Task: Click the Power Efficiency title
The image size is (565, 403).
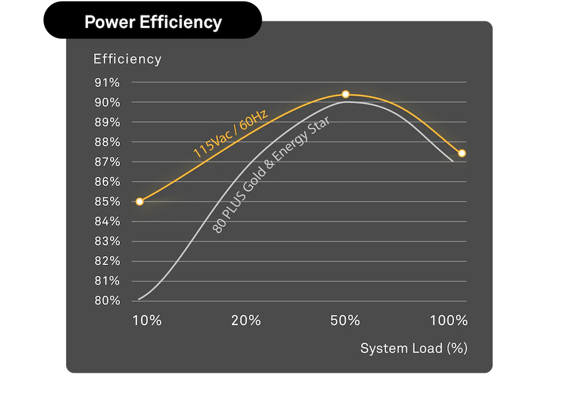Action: point(152,22)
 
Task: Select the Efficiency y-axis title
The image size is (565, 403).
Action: point(127,59)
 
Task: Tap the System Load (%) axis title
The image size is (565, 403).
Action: point(414,348)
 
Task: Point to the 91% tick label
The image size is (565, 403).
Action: point(107,83)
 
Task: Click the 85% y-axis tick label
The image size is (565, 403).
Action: point(107,201)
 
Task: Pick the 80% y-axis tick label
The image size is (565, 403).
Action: point(107,300)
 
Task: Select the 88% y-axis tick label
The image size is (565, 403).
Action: point(107,142)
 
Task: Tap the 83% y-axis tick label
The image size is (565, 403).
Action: point(107,241)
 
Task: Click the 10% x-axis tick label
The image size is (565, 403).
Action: point(147,321)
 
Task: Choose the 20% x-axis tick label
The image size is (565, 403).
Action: point(246,321)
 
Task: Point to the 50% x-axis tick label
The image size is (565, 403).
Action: point(345,321)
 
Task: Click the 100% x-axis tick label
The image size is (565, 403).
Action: point(449,321)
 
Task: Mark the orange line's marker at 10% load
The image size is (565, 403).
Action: point(140,201)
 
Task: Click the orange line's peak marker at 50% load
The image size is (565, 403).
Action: point(346,94)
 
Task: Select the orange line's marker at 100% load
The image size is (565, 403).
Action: point(462,153)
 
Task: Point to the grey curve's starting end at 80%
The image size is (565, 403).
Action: point(139,299)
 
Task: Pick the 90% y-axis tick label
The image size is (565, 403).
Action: point(107,103)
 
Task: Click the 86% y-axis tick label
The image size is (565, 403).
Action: point(107,182)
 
